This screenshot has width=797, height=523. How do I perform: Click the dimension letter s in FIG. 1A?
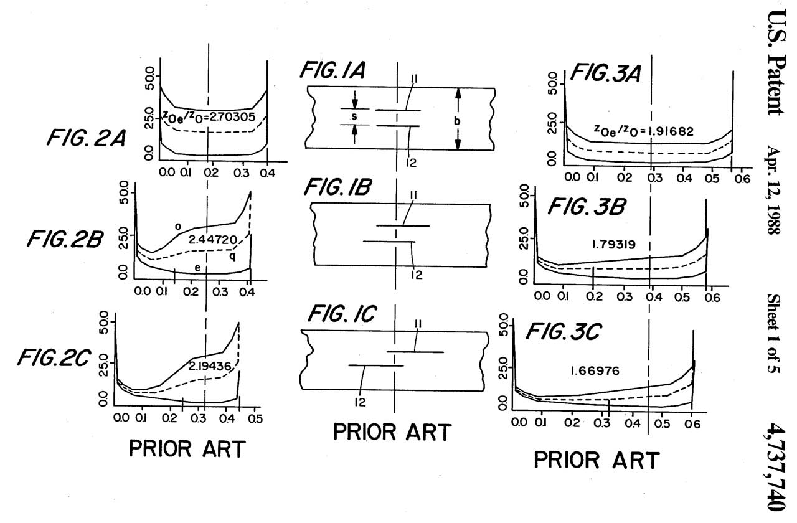(354, 116)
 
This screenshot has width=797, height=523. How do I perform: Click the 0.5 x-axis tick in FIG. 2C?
(255, 418)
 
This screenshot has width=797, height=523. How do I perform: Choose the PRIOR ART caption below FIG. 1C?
(391, 431)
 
